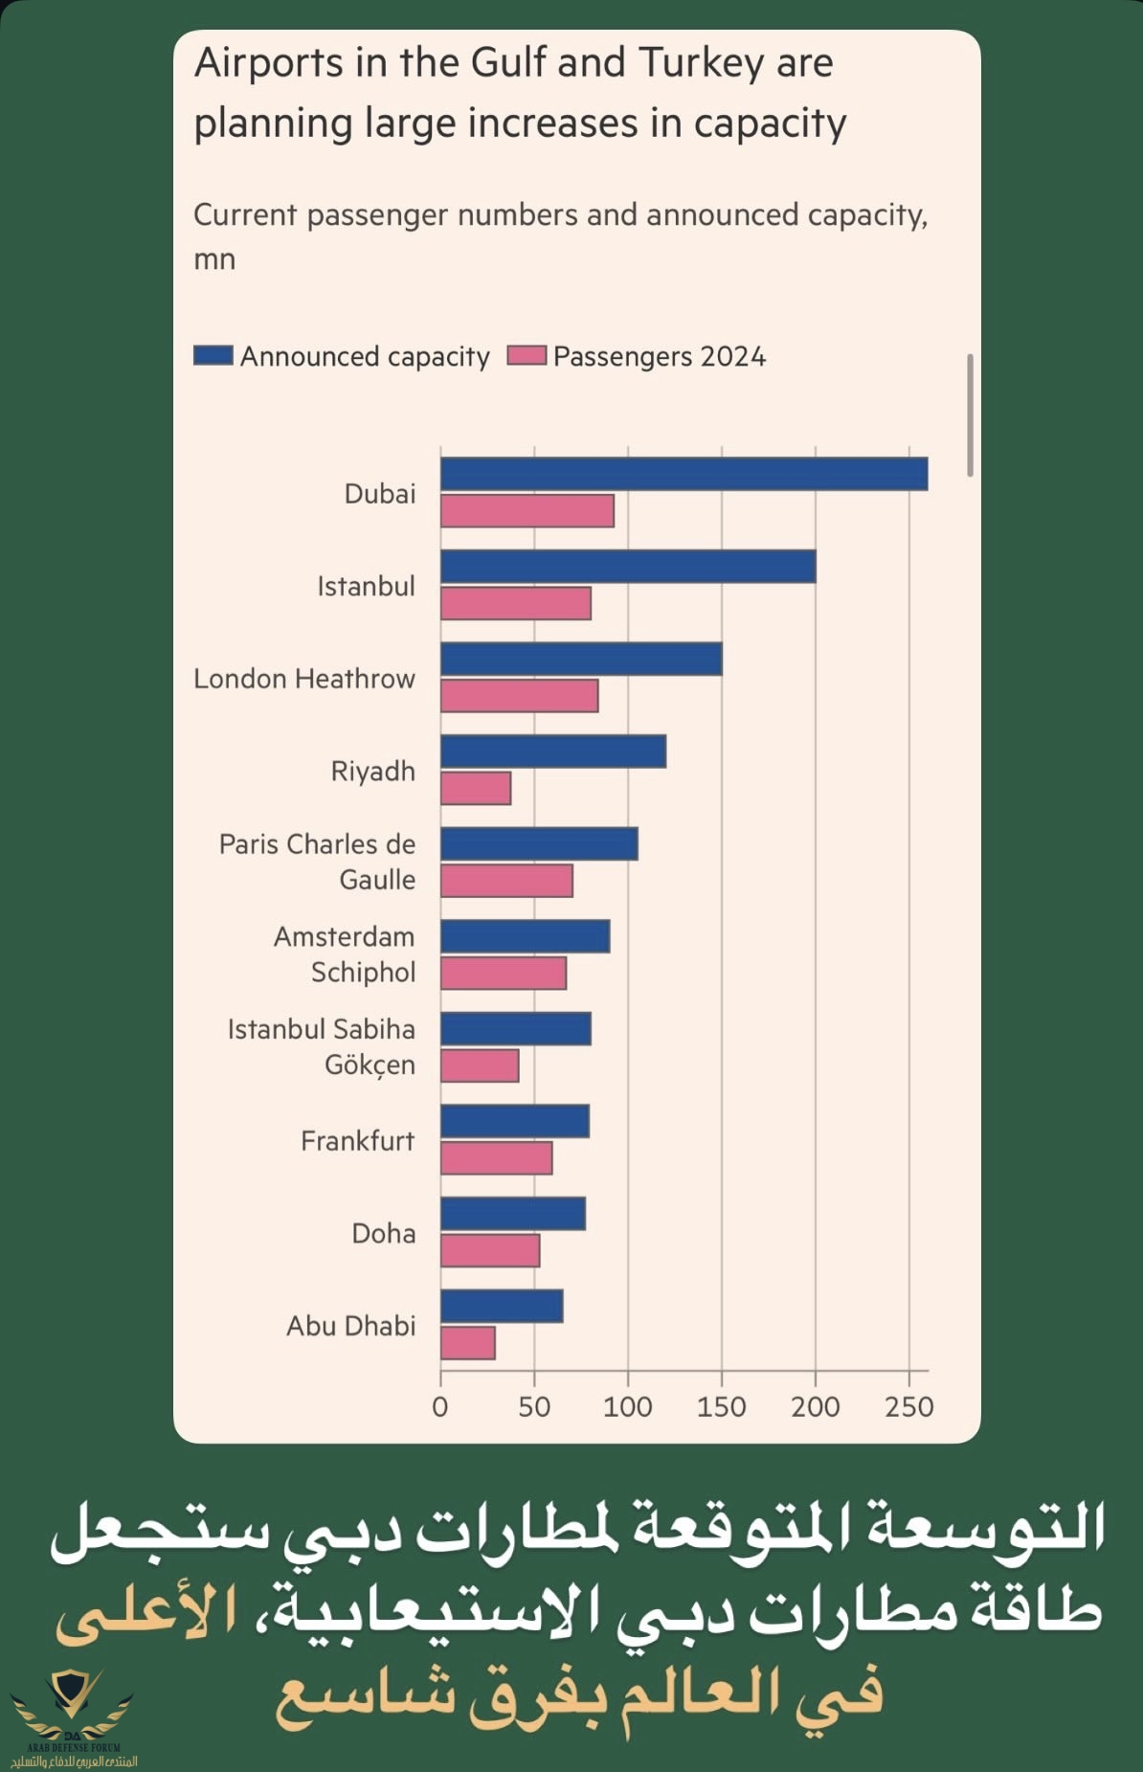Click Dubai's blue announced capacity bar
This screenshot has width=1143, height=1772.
pyautogui.click(x=684, y=474)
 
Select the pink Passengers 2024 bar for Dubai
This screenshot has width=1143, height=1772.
pyautogui.click(x=527, y=511)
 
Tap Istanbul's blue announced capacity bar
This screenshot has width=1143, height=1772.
pyautogui.click(x=628, y=567)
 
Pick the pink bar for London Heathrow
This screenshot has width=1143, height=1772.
pyautogui.click(x=520, y=696)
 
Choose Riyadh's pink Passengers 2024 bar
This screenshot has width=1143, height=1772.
pyautogui.click(x=476, y=789)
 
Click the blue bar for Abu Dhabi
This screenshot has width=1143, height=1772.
pyautogui.click(x=502, y=1306)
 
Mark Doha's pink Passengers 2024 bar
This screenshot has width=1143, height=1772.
pyautogui.click(x=490, y=1250)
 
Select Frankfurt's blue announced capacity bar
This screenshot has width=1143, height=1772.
pyautogui.click(x=515, y=1121)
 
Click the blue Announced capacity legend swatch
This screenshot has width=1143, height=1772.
pyautogui.click(x=213, y=355)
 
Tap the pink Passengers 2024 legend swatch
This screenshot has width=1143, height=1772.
pyautogui.click(x=527, y=355)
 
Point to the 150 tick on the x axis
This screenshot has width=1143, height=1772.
pyautogui.click(x=721, y=1406)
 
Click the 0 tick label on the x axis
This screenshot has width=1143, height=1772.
pyautogui.click(x=440, y=1406)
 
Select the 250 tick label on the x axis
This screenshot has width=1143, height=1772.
pyautogui.click(x=908, y=1406)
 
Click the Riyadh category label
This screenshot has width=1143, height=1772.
pyautogui.click(x=372, y=771)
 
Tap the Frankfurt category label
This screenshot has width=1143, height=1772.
pyautogui.click(x=357, y=1140)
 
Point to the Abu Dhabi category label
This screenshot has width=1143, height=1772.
pyautogui.click(x=350, y=1325)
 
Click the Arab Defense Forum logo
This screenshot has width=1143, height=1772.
pyautogui.click(x=73, y=1718)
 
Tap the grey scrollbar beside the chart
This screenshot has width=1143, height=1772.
pyautogui.click(x=970, y=415)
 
